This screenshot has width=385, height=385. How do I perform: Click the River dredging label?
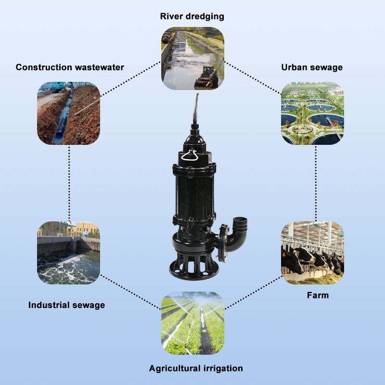192,16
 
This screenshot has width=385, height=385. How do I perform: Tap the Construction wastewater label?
70,67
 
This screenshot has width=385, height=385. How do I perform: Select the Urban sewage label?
312,67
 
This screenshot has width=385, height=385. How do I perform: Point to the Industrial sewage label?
66,305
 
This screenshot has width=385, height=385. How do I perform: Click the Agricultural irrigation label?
195,369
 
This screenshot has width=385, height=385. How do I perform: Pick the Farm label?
318,295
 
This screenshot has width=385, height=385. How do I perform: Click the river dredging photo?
192,58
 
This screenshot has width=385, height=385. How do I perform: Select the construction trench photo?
69,113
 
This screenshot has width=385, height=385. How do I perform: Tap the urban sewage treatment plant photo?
312,113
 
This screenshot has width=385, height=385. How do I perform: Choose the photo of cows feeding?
312,253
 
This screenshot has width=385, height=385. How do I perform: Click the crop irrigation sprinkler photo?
192,323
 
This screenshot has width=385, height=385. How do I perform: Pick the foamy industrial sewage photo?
69,253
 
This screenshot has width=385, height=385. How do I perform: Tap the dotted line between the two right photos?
316,183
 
